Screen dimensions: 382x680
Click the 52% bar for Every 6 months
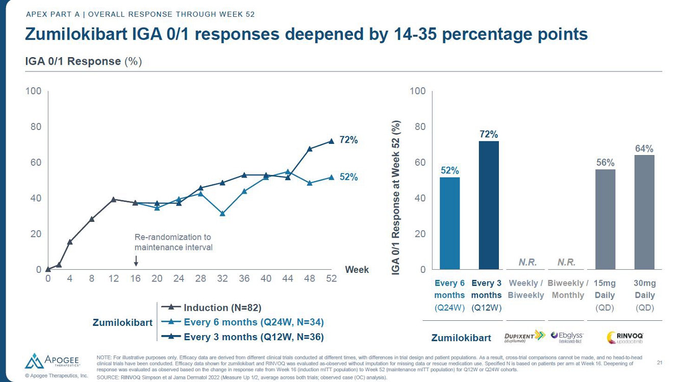[x=449, y=223]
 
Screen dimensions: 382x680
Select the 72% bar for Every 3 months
[x=489, y=205]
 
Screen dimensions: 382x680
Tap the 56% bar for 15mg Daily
[x=605, y=219]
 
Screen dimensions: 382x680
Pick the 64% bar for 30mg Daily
[x=644, y=212]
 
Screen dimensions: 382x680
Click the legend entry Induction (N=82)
[x=222, y=308]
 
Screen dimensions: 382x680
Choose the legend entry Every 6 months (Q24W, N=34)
[x=254, y=322]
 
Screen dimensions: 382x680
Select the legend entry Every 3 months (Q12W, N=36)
[x=254, y=337]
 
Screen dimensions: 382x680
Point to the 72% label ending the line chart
[x=348, y=140]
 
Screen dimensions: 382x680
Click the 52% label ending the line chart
[x=348, y=177]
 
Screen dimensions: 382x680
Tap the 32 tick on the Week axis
[x=222, y=279]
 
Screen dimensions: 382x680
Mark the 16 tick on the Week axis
[x=135, y=279]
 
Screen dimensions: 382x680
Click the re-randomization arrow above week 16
[x=136, y=261]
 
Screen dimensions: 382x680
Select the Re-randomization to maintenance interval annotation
[x=173, y=242]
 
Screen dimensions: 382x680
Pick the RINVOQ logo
[x=625, y=337]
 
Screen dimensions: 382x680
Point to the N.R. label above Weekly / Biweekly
[x=527, y=262]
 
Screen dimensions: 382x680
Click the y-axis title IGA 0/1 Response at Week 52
[x=396, y=198]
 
